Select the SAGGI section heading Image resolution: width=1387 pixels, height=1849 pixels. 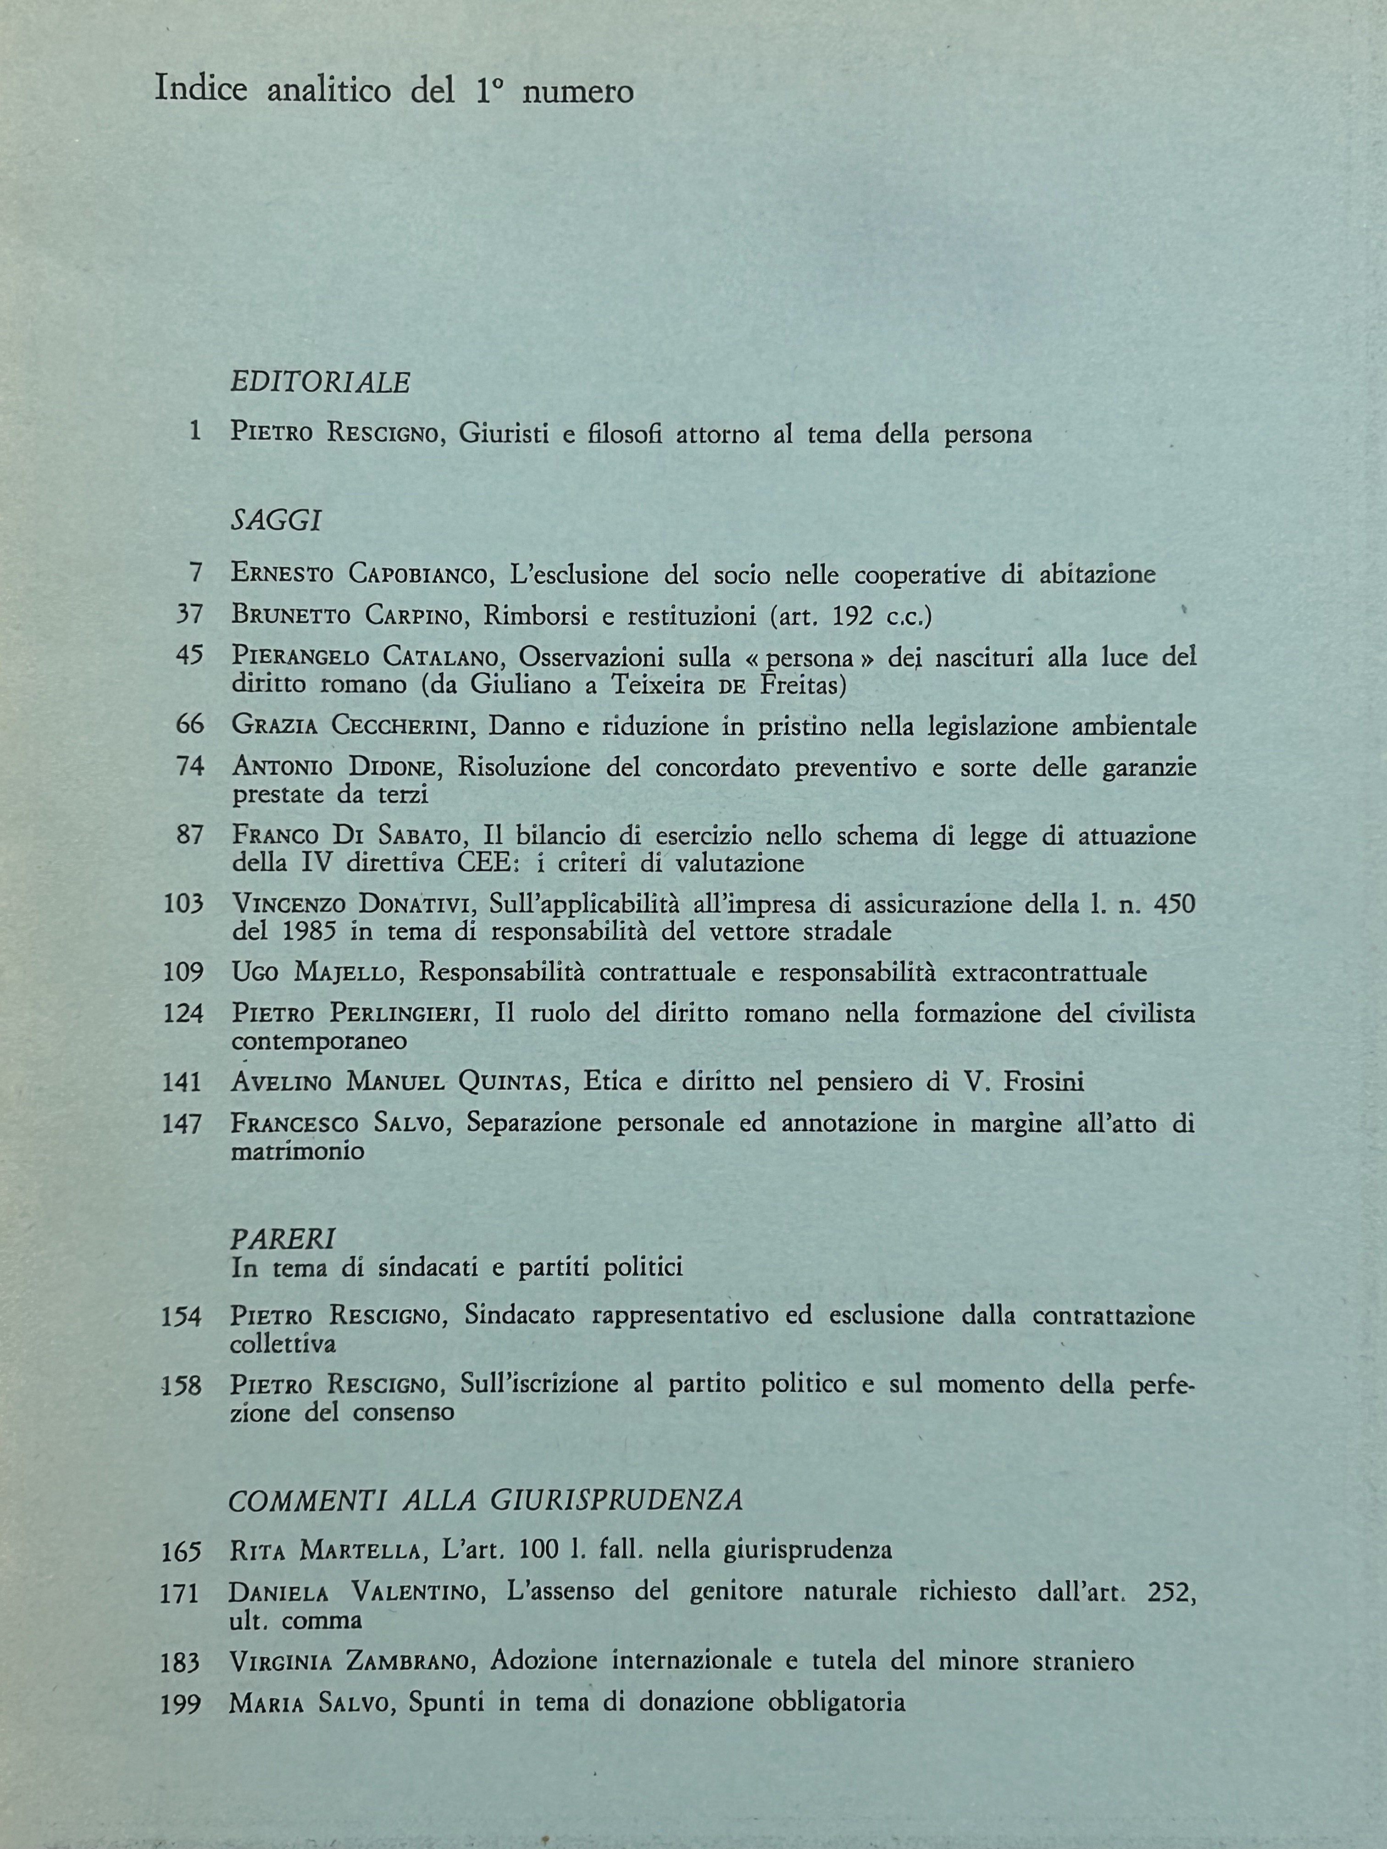[x=276, y=521]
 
